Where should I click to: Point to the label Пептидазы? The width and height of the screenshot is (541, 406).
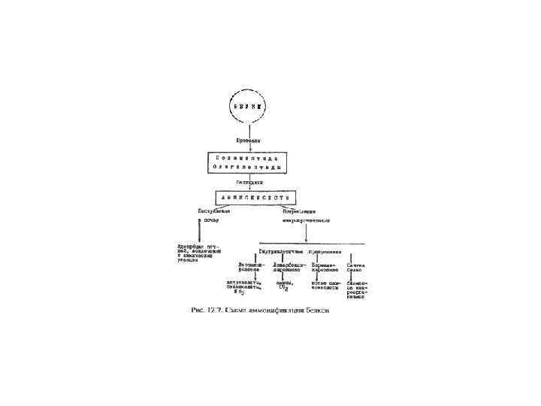pos(229,182)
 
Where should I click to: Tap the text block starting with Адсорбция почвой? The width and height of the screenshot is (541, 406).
pos(197,253)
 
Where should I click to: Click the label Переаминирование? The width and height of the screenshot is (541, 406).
pos(326,268)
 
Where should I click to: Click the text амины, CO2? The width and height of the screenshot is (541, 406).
pos(288,286)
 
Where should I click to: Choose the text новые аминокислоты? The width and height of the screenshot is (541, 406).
pos(326,286)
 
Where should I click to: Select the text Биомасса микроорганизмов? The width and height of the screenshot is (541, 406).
pos(357,290)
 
